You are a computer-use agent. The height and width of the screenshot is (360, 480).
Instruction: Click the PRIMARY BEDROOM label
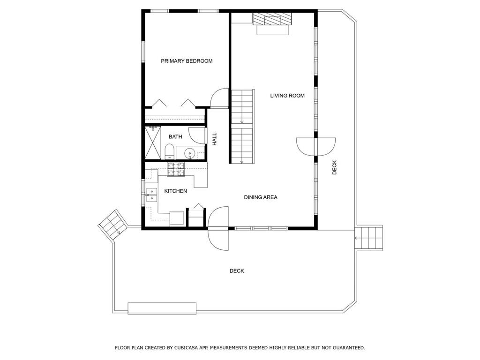tap(187, 61)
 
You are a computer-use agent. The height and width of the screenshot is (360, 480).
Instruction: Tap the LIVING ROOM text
tap(287, 96)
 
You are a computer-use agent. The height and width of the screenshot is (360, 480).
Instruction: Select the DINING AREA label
tap(261, 197)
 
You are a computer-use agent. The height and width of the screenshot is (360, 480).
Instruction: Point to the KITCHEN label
tap(175, 191)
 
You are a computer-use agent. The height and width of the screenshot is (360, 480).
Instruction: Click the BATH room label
tap(175, 136)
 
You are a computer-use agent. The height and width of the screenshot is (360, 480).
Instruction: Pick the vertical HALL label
tap(215, 139)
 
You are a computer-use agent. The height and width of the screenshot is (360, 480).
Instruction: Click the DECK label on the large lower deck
tap(237, 270)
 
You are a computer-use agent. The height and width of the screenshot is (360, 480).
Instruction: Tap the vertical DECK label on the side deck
tap(334, 167)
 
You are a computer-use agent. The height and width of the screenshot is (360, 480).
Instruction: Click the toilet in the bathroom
tap(169, 152)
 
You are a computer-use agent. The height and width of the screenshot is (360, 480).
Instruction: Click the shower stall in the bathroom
tap(153, 142)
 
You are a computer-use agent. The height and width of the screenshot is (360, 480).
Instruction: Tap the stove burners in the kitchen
tap(176, 169)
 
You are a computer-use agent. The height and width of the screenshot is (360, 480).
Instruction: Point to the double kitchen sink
tap(151, 195)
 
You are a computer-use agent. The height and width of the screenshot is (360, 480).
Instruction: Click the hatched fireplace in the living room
tap(272, 18)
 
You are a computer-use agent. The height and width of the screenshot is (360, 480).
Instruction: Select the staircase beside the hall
tap(242, 127)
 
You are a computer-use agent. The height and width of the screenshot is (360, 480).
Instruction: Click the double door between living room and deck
tap(315, 147)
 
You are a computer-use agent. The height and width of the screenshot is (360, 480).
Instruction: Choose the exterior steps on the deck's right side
tap(368, 238)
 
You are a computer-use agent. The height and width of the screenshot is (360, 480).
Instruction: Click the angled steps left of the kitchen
tap(113, 225)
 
